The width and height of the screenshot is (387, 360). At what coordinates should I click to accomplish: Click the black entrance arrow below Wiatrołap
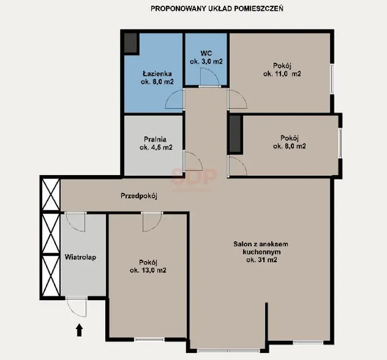coord(79,330)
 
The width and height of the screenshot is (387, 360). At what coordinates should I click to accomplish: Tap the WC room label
coord(206,53)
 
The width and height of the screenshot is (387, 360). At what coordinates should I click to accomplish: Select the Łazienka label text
coord(157,74)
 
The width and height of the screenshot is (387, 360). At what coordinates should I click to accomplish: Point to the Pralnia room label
coord(155,139)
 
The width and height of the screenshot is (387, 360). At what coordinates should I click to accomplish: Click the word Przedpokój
coord(139,196)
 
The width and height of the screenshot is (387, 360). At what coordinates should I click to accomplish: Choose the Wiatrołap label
coord(80,257)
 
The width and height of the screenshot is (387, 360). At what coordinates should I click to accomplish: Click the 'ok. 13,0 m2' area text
coord(148,270)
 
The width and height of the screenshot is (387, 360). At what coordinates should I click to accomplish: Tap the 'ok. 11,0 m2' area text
coord(282,74)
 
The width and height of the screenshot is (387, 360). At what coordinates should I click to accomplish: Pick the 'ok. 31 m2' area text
coord(262,259)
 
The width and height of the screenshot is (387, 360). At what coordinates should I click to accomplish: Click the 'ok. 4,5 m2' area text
coord(156,148)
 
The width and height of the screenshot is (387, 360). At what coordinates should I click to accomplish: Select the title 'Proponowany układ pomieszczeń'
coord(217,9)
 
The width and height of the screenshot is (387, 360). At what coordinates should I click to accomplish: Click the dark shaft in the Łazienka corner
coord(130,43)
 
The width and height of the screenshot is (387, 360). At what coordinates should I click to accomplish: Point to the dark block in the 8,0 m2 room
coord(235,134)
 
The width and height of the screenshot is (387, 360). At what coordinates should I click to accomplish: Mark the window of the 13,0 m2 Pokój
coord(149,339)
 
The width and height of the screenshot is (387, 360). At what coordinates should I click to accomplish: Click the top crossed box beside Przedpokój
coord(51,195)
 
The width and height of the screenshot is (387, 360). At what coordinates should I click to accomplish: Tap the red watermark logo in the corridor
coord(194,177)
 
